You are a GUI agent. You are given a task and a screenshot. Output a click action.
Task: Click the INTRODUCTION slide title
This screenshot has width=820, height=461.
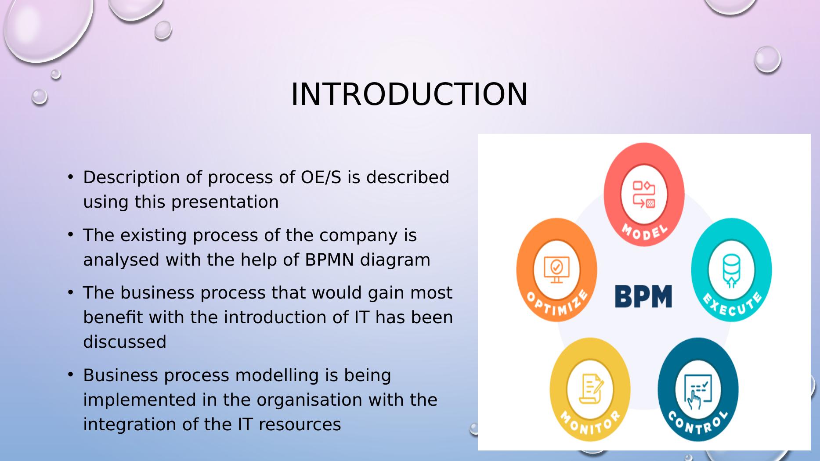(x=409, y=94)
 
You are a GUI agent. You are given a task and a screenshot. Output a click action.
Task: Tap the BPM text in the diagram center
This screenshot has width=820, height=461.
(x=643, y=296)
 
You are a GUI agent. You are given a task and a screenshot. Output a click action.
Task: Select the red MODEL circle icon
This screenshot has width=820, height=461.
(x=644, y=194)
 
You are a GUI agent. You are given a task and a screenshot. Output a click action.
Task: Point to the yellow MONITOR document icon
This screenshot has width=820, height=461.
(x=590, y=388)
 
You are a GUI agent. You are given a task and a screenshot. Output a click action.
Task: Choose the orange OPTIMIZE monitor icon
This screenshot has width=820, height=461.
(x=556, y=270)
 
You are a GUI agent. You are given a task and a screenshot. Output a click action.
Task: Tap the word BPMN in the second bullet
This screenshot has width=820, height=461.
(x=329, y=260)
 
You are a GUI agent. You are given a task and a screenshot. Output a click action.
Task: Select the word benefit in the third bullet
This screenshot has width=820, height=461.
(x=113, y=317)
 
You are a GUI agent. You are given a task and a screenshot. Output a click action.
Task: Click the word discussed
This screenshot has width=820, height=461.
(x=125, y=342)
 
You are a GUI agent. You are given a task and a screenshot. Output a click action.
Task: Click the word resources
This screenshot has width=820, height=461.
(x=300, y=425)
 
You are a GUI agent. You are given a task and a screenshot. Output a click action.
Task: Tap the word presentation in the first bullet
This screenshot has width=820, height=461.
(x=225, y=202)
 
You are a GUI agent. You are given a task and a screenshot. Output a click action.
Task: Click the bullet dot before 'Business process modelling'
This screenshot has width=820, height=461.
(x=70, y=375)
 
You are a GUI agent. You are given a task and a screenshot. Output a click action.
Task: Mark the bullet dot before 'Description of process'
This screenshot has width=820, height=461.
(x=70, y=176)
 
